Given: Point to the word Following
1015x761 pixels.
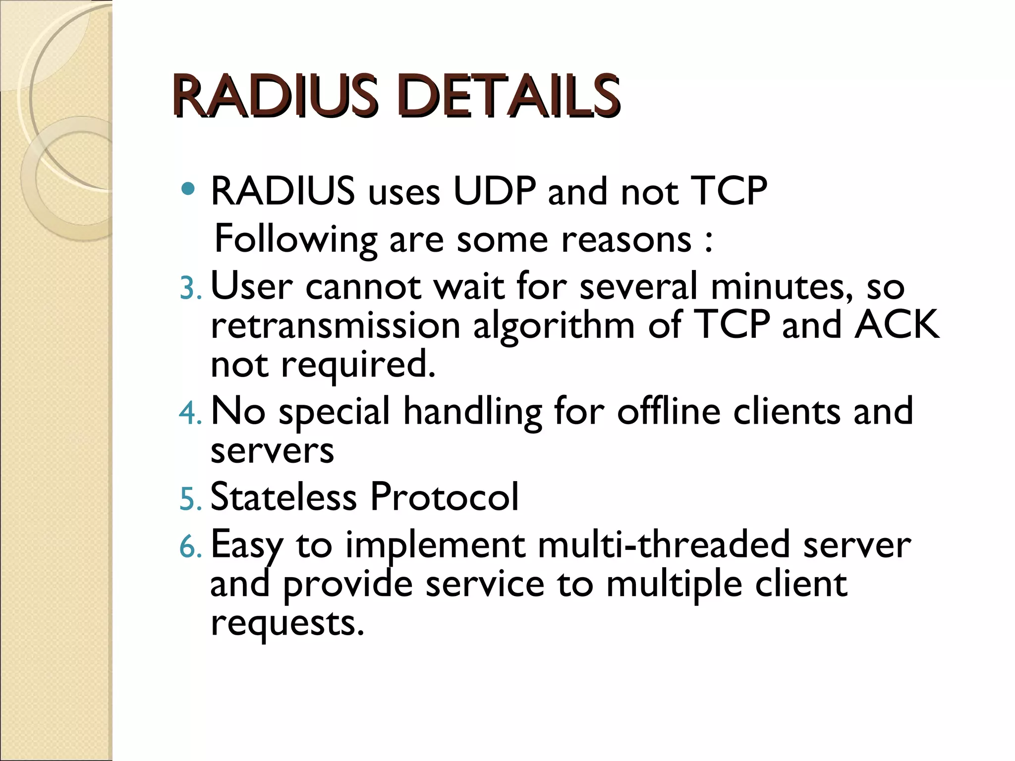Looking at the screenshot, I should [x=296, y=240].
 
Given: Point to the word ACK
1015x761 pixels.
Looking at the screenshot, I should [x=897, y=325].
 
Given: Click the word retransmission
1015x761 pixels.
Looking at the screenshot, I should [x=336, y=326].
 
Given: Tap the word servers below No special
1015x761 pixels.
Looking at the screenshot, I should [x=272, y=451].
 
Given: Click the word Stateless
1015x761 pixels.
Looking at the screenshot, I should [x=283, y=497].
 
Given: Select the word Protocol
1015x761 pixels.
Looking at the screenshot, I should [x=444, y=497].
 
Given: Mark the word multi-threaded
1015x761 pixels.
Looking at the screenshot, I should [x=664, y=544].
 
